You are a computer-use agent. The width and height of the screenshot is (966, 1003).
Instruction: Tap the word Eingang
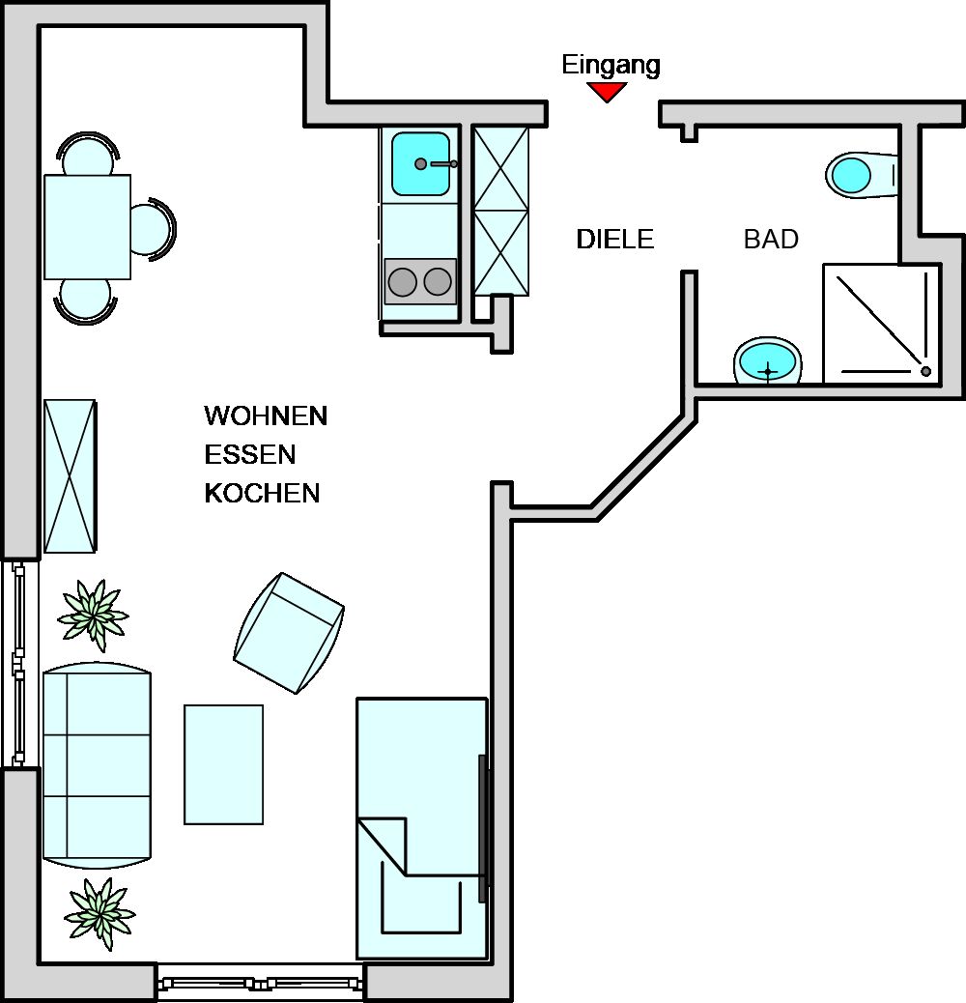pyautogui.click(x=611, y=66)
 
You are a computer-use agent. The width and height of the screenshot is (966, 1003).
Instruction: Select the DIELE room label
pyautogui.click(x=615, y=240)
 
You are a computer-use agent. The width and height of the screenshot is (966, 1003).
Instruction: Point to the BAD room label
pyautogui.click(x=771, y=240)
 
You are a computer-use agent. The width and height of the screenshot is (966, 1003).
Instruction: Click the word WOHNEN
pyautogui.click(x=266, y=416)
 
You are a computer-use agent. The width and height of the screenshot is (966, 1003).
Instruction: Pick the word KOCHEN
pyautogui.click(x=262, y=493)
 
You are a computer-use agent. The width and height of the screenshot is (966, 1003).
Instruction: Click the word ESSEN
pyautogui.click(x=250, y=455)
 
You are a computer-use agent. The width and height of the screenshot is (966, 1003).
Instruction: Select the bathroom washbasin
pyautogui.click(x=767, y=361)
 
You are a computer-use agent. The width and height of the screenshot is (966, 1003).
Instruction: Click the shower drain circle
pyautogui.click(x=925, y=371)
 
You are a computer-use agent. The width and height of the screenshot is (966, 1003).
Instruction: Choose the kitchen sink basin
pyautogui.click(x=420, y=163)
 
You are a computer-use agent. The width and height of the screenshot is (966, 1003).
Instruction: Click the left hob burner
pyautogui.click(x=402, y=281)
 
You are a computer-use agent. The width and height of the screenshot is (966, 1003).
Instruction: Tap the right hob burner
pyautogui.click(x=438, y=281)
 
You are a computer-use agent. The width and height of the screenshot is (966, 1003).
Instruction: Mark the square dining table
pyautogui.click(x=88, y=227)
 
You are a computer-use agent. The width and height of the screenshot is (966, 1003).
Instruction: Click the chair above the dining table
pyautogui.click(x=88, y=155)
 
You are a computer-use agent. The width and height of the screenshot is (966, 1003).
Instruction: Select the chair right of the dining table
pyautogui.click(x=153, y=228)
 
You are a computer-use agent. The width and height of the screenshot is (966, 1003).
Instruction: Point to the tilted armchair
pyautogui.click(x=289, y=633)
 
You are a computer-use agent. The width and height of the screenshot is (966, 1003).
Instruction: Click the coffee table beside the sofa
pyautogui.click(x=224, y=764)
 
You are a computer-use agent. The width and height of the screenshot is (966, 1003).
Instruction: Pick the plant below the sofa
pyautogui.click(x=99, y=913)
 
